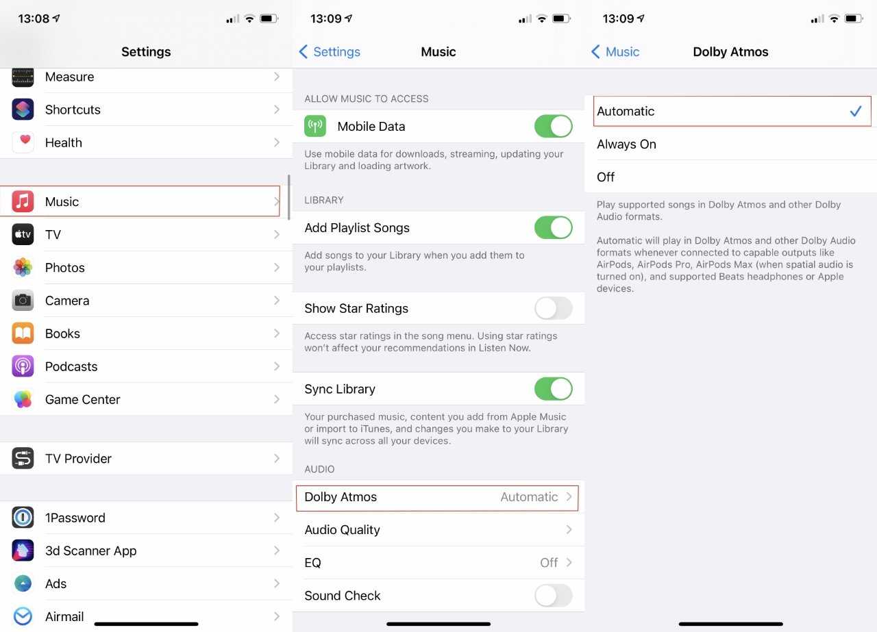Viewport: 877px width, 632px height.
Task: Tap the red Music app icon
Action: tap(23, 201)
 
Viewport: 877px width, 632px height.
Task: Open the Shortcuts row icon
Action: tap(23, 109)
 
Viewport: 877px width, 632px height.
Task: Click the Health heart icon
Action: tap(23, 142)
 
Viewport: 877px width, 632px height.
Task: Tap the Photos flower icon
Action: tap(23, 267)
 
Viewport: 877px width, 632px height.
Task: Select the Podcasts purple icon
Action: tap(23, 366)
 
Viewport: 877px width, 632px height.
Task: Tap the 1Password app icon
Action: tap(23, 518)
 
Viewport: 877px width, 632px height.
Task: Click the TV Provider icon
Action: tap(23, 458)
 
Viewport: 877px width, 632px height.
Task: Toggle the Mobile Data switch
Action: tap(553, 126)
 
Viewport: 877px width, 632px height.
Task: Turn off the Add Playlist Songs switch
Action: tap(553, 227)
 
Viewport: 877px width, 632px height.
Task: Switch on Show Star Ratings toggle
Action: tap(553, 308)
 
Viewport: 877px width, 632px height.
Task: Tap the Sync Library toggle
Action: tap(553, 389)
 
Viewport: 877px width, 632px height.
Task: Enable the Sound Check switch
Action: tap(553, 595)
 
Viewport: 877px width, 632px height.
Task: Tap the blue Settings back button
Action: tap(330, 51)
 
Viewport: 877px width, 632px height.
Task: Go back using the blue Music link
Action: tap(615, 51)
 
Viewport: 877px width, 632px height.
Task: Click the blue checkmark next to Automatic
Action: tap(856, 111)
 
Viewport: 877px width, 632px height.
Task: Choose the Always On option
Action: tap(626, 144)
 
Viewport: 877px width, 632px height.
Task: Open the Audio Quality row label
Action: tap(342, 529)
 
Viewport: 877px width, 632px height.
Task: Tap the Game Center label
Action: tap(83, 399)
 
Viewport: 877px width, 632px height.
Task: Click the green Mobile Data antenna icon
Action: tap(315, 126)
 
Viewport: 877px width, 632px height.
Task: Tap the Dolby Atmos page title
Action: tap(730, 51)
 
